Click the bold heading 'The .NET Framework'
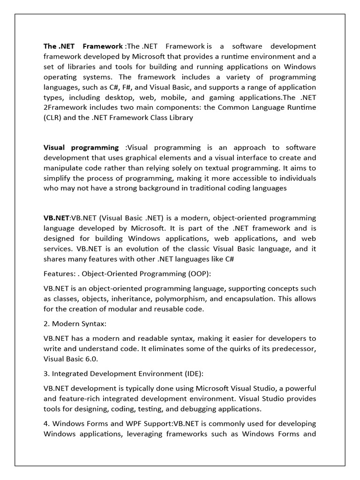tap(83, 46)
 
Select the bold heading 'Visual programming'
tap(81, 148)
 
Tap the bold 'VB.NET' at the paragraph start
tap(56, 218)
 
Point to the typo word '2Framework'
tap(65, 108)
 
